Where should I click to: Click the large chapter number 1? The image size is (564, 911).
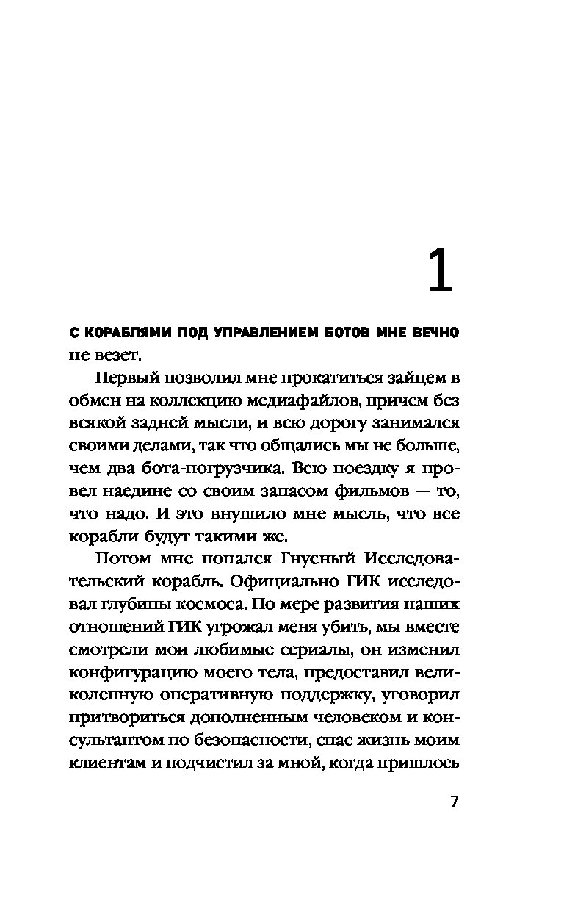tap(439, 272)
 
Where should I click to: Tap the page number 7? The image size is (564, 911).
tap(453, 802)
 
